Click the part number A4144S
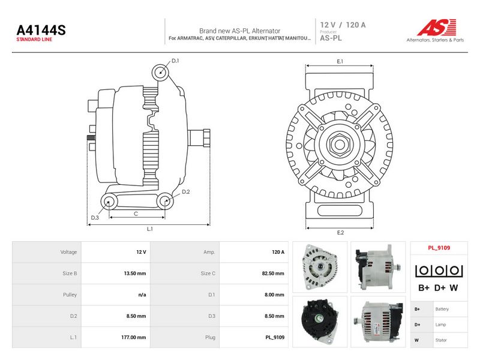(x=41, y=30)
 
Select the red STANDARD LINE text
(x=34, y=40)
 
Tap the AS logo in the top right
(x=436, y=28)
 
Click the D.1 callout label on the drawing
(x=175, y=61)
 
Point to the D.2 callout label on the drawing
(x=186, y=192)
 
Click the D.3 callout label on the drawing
(x=95, y=218)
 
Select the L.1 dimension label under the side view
(x=149, y=229)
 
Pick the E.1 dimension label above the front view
(x=340, y=62)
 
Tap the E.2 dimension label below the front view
(x=340, y=233)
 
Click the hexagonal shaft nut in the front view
(x=339, y=145)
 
